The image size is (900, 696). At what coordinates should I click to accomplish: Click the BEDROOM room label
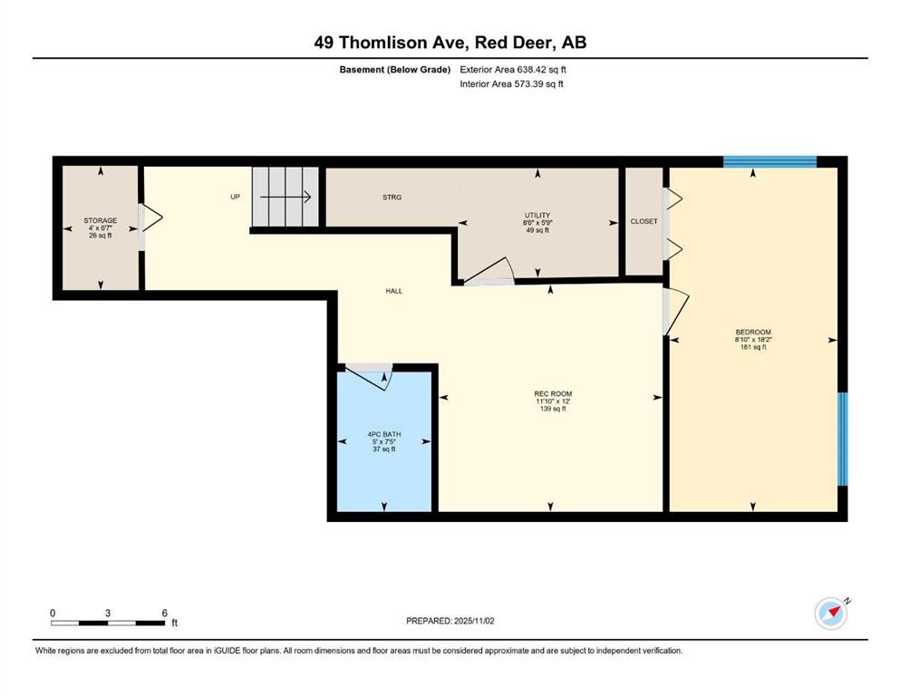coord(753,333)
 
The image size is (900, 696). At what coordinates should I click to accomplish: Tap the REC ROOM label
coord(553,394)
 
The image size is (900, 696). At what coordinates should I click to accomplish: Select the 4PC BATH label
coord(384,434)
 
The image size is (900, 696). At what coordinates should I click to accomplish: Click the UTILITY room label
coord(537,216)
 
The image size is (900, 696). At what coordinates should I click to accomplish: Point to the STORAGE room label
coord(101,220)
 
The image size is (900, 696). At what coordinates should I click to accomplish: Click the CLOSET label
coord(644,221)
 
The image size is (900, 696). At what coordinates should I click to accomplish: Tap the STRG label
coord(392,198)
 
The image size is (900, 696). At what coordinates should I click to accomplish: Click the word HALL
coord(393,291)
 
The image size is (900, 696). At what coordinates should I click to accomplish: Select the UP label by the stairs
coord(235,197)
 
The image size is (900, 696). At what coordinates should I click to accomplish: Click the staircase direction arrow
coord(285,197)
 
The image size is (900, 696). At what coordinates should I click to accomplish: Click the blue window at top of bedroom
coord(769,162)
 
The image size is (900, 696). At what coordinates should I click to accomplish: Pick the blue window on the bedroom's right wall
coord(842,439)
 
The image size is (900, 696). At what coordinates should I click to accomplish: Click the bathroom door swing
coord(369,376)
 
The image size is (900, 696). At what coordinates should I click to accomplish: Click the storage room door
coord(151,218)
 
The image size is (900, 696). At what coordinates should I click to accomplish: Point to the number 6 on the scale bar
coord(165,613)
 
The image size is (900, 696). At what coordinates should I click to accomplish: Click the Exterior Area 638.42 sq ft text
coord(513,70)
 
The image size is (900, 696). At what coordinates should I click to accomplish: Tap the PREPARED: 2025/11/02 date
coord(450,621)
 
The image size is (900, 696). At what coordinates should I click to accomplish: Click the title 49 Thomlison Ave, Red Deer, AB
coord(450,43)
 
